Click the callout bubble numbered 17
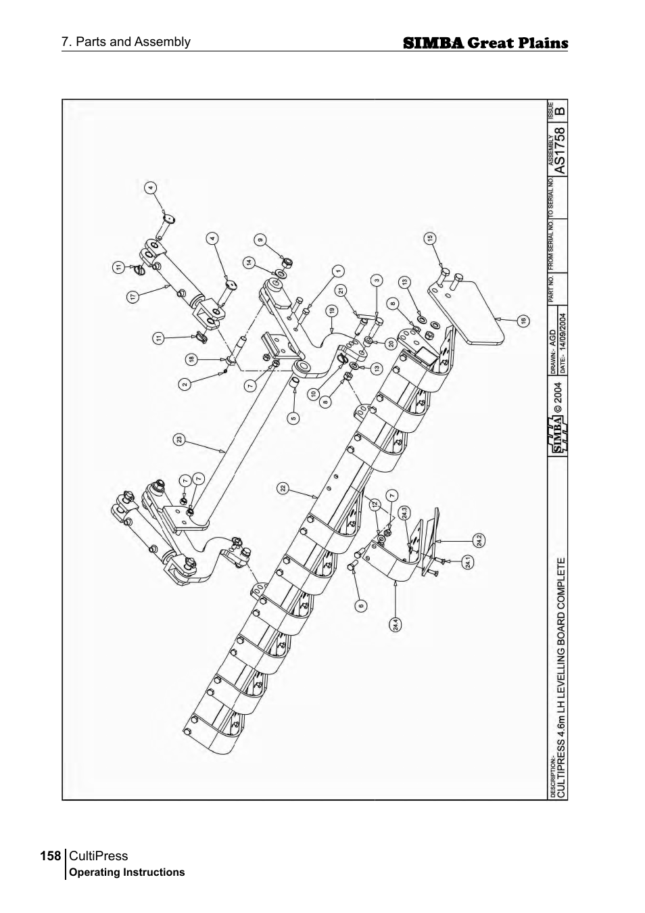click(133, 296)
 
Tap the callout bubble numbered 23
click(179, 440)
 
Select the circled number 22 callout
click(283, 488)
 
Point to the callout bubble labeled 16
click(523, 321)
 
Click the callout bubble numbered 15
click(430, 238)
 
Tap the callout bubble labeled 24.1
click(469, 561)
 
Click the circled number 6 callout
click(361, 605)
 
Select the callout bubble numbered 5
click(293, 417)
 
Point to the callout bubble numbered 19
click(332, 311)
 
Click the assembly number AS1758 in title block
click(558, 147)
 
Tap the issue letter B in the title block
click(559, 109)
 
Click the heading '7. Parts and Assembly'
click(126, 42)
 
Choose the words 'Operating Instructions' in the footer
click(127, 872)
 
